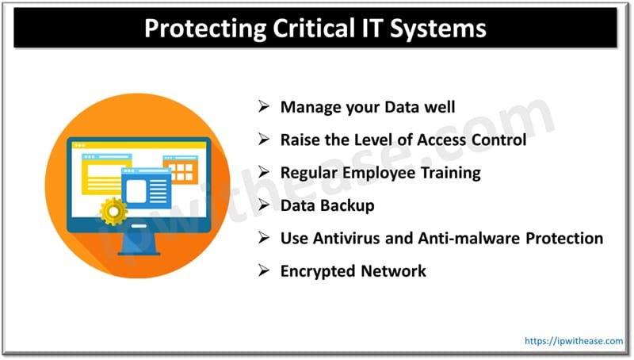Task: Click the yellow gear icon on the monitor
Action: pos(114,211)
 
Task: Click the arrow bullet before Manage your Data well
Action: pos(265,106)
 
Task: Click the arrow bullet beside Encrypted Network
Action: pos(265,271)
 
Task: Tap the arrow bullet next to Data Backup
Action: pos(265,205)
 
